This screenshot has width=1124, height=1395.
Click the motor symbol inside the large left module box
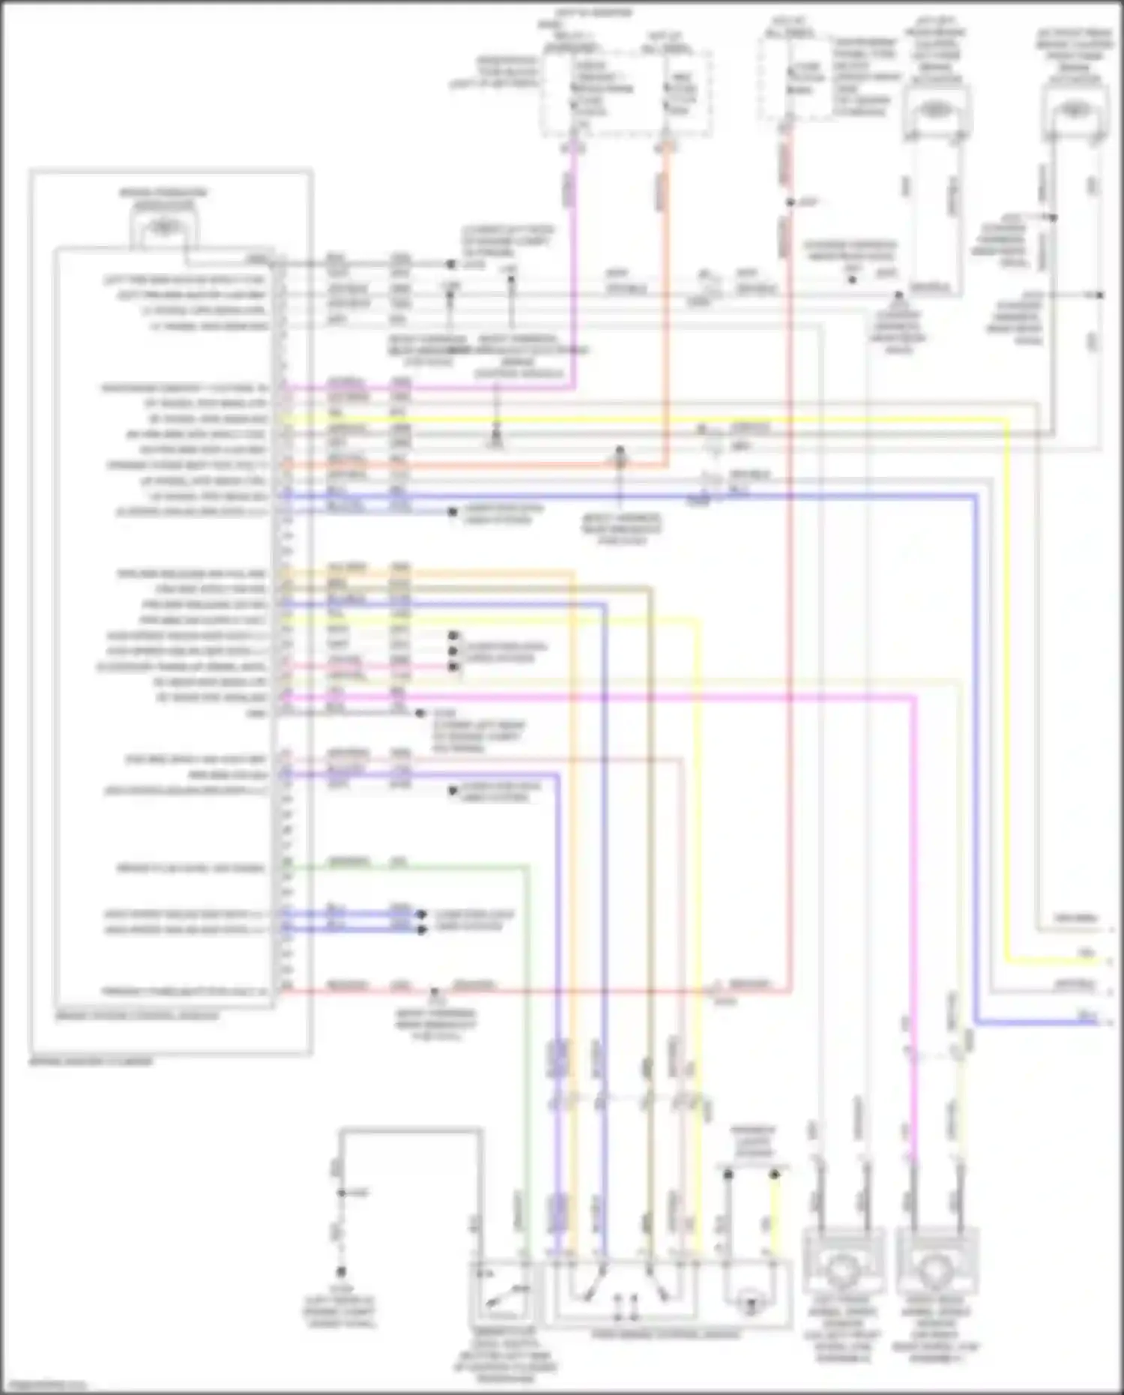tap(163, 226)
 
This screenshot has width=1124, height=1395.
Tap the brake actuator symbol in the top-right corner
tap(1075, 110)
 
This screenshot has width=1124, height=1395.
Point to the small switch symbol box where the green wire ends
tap(501, 1291)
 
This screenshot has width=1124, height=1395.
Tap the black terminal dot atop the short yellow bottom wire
tap(775, 1175)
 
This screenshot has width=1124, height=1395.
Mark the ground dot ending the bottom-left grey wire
tap(341, 1272)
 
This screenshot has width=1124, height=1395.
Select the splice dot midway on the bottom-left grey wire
tap(341, 1193)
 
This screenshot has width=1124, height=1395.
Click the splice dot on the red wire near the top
tap(790, 202)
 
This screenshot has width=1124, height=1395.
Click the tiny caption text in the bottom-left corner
tap(45, 1385)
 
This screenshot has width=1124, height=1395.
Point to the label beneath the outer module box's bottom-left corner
tap(90, 1062)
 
